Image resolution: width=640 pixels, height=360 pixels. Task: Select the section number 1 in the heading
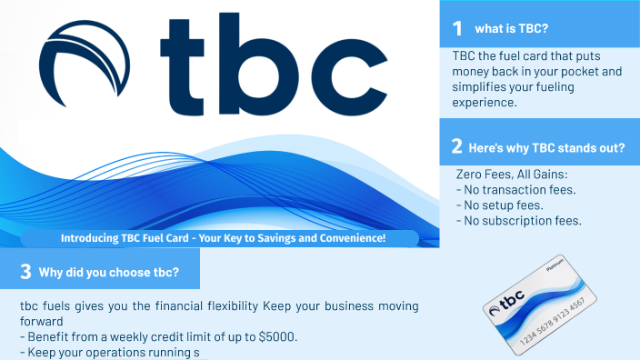[457, 28]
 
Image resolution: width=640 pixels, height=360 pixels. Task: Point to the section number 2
[456, 145]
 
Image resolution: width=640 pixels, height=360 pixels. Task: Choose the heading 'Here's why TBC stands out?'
[545, 146]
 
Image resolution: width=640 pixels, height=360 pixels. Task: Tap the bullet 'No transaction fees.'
[515, 190]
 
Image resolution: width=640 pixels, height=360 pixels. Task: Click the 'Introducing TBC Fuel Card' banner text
[224, 238]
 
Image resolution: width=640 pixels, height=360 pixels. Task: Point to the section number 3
[25, 271]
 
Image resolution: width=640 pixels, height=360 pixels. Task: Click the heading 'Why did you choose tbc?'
[109, 272]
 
